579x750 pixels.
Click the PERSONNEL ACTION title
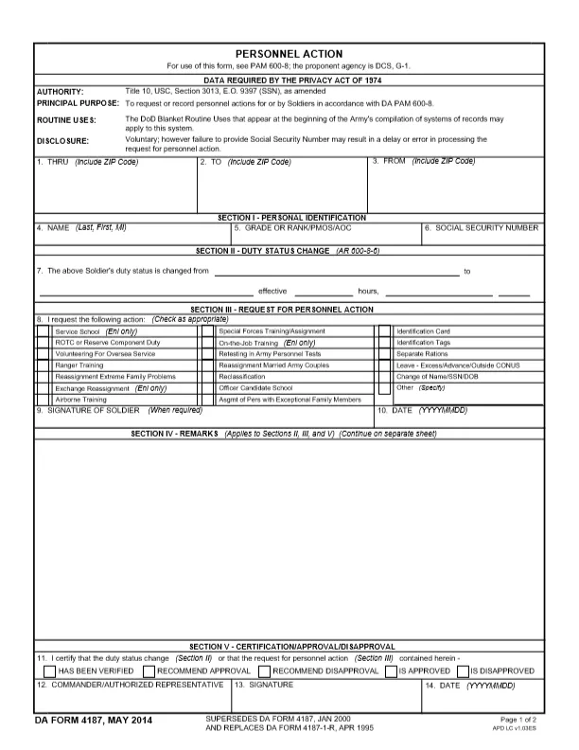pyautogui.click(x=289, y=54)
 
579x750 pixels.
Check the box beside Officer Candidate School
pyautogui.click(x=206, y=388)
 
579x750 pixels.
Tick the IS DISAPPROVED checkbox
pyautogui.click(x=463, y=670)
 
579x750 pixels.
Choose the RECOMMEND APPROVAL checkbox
pyautogui.click(x=149, y=670)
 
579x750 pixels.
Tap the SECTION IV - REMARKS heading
pyautogui.click(x=176, y=434)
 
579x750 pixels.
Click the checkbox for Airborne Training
pyautogui.click(x=43, y=400)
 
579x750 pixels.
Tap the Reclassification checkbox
pyautogui.click(x=206, y=377)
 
